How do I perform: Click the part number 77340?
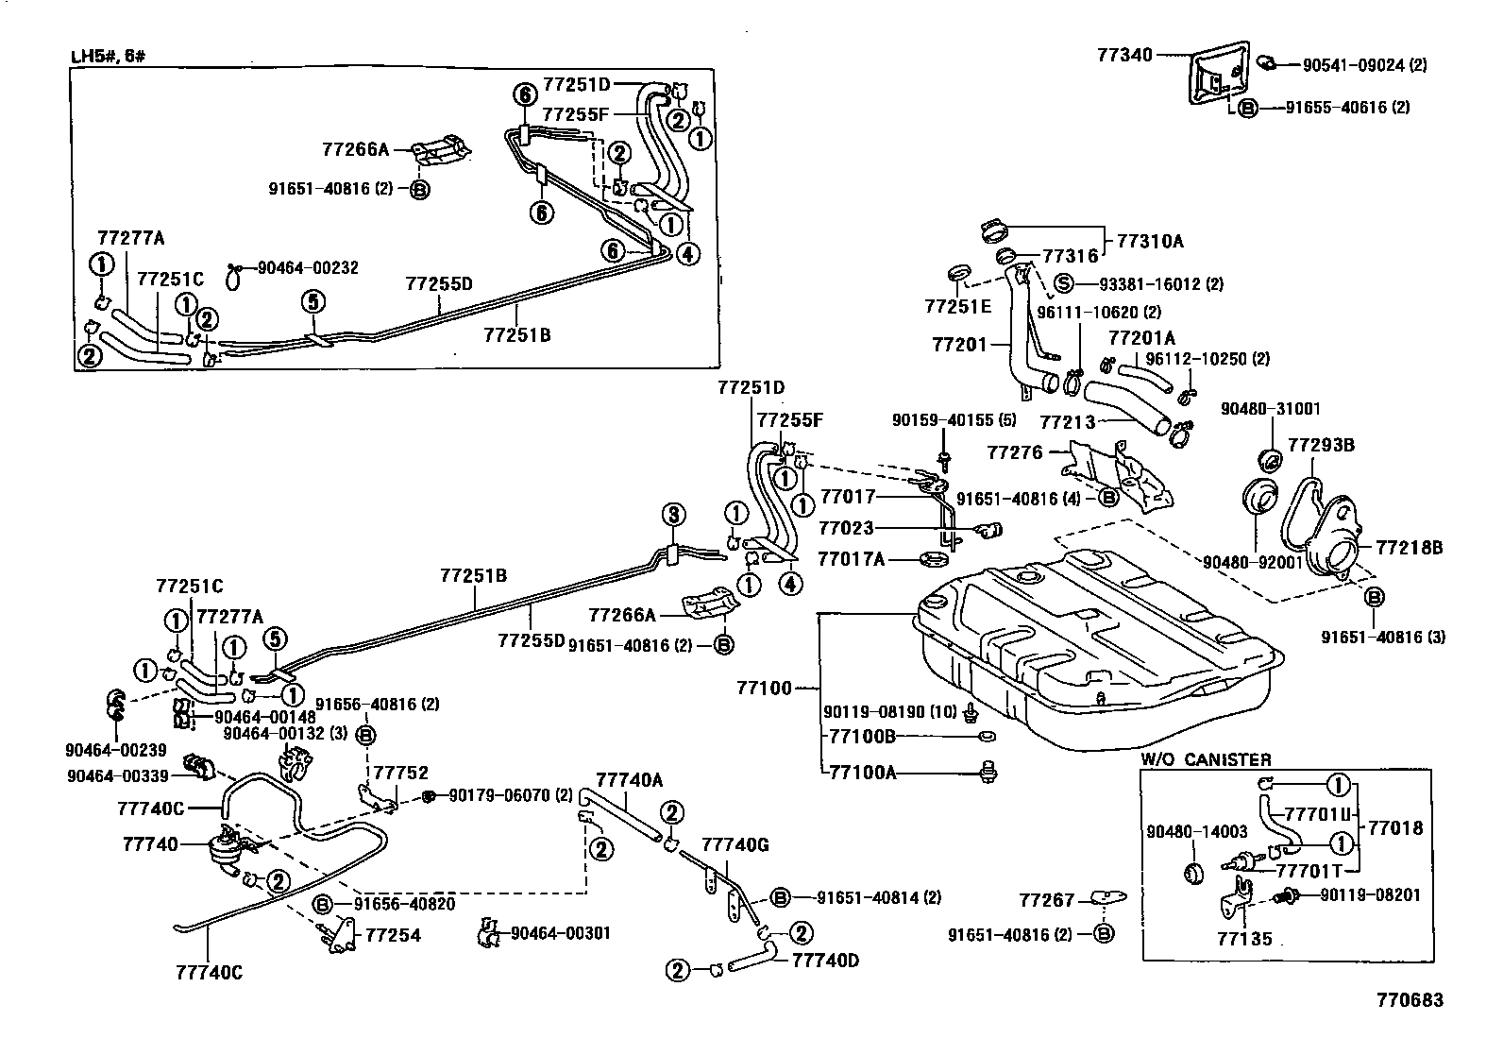click(x=1124, y=56)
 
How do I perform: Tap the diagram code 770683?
click(x=1410, y=1000)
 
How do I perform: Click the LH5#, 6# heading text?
click(x=109, y=56)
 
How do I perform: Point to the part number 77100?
click(x=765, y=689)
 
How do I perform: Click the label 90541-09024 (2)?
click(x=1364, y=65)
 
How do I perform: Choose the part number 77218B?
click(x=1409, y=547)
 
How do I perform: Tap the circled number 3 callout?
click(x=672, y=515)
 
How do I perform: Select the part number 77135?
click(x=1244, y=940)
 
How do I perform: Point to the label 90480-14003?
click(x=1197, y=832)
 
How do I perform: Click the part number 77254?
click(x=393, y=936)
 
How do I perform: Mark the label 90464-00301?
click(x=561, y=933)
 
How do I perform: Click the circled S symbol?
click(x=1064, y=283)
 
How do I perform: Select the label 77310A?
click(x=1150, y=241)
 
